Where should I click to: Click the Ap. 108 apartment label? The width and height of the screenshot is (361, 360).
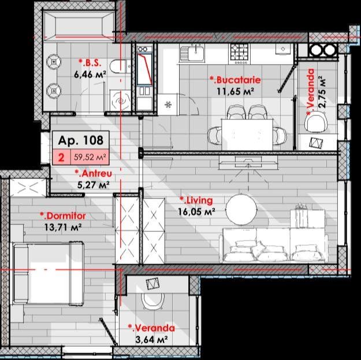[81, 140]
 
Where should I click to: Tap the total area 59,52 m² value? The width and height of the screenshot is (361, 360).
[90, 157]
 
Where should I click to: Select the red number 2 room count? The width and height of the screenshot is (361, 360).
[61, 158]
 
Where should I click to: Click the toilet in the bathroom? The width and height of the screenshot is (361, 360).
[120, 66]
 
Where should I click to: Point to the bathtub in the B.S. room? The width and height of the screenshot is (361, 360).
[79, 25]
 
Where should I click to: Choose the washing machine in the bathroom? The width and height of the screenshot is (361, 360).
[120, 100]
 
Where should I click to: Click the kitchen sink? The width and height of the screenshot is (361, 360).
[192, 53]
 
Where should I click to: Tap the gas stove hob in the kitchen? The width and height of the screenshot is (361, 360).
[240, 54]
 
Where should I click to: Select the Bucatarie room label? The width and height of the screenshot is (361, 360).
[235, 80]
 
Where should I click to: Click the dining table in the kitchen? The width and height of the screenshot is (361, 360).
[247, 134]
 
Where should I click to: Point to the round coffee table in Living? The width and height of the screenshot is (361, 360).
[241, 209]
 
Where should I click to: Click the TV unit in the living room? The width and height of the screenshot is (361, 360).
[248, 162]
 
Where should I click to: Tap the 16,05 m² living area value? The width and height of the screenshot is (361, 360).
[196, 211]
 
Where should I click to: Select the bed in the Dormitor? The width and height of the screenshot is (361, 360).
[48, 273]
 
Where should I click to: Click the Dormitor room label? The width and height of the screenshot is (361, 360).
[62, 216]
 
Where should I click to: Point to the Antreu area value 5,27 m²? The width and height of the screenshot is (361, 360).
[93, 185]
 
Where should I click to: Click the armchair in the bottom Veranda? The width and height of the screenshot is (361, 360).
[153, 301]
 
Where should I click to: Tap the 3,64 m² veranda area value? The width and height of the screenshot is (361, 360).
[151, 339]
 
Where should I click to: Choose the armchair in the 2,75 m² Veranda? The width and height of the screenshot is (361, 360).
[316, 123]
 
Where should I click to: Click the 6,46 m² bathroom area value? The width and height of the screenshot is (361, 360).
[90, 74]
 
